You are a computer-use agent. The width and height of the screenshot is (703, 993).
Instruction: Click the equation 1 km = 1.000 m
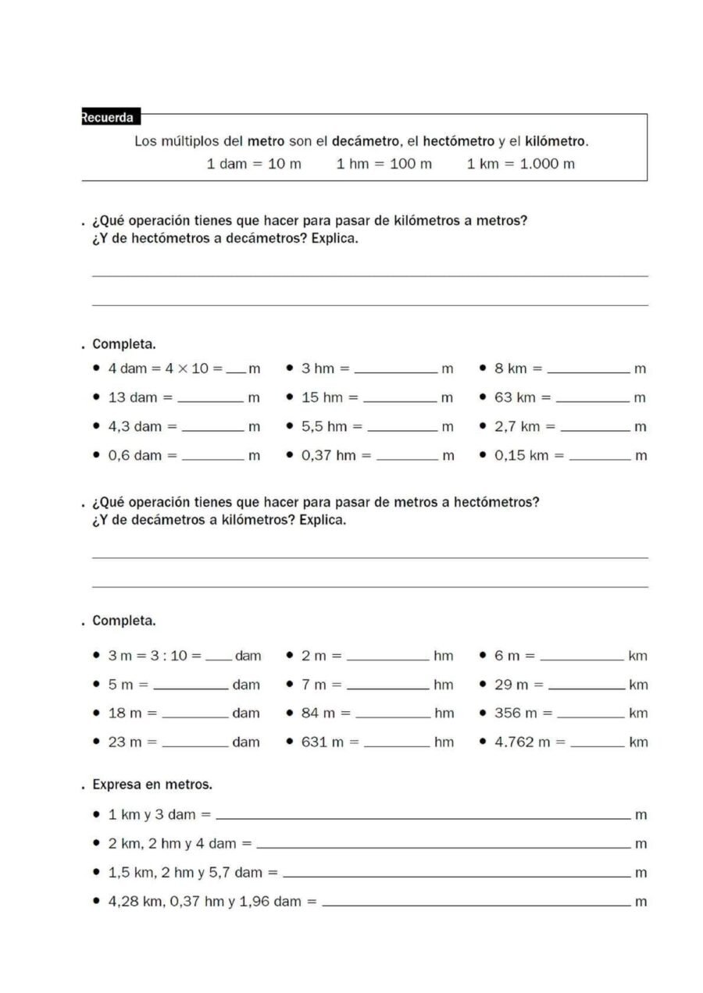[x=520, y=164]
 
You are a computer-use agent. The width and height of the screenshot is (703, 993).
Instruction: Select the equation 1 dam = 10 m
[x=253, y=164]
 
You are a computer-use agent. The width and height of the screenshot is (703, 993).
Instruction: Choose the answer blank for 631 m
[x=397, y=745]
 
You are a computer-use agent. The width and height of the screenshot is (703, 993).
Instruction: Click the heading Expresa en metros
[x=152, y=784]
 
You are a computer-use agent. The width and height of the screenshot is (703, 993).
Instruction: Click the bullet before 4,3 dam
[x=96, y=427]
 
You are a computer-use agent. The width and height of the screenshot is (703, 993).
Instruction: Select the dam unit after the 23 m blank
[x=246, y=742]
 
